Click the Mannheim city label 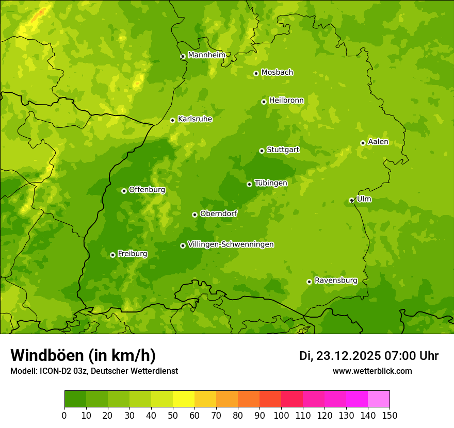point(206,55)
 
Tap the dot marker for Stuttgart point(262,151)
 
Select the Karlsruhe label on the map point(194,119)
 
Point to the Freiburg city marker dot point(112,255)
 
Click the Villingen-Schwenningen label point(231,244)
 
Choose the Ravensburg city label point(335,281)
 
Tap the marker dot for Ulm point(351,200)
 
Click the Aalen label point(378,142)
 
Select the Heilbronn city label point(286,101)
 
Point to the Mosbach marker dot point(256,73)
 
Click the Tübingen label point(270,183)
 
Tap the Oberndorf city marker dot point(194,215)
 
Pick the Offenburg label point(147,190)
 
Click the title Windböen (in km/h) point(83,355)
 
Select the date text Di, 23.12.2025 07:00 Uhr point(368,356)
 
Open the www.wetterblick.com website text point(372,371)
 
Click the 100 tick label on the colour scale point(281,416)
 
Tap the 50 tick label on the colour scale point(173,416)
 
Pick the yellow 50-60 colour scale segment point(184,399)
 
